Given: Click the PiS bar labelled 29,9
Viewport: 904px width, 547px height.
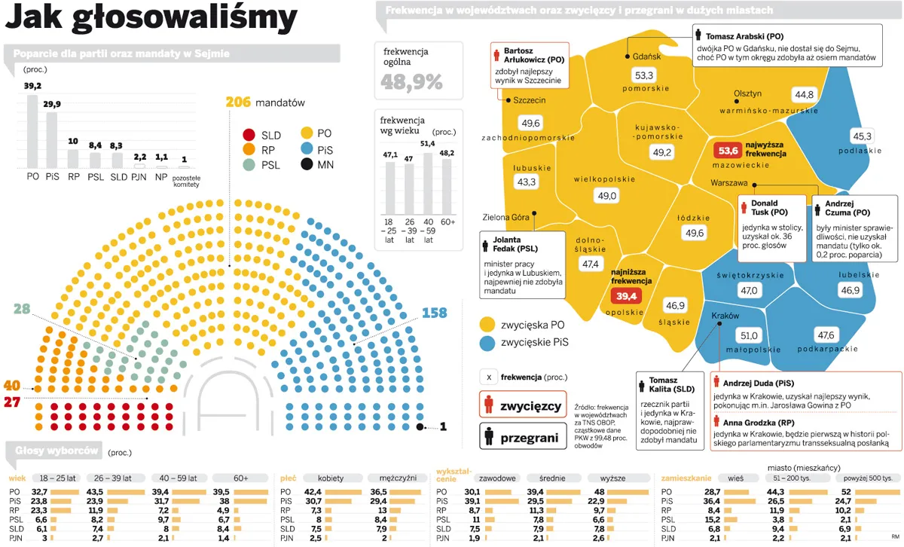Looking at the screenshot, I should pos(52,139).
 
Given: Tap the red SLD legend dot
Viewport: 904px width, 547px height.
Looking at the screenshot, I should pos(248,135).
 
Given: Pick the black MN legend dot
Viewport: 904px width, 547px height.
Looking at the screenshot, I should pos(307,164).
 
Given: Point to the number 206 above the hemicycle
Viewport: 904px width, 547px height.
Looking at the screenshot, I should pos(238,102).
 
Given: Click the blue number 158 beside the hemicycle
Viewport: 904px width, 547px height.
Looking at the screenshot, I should pos(435,313).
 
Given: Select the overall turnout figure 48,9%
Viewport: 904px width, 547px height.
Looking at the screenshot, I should pos(412,82).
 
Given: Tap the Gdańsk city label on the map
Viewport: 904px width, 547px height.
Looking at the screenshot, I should pos(646,57).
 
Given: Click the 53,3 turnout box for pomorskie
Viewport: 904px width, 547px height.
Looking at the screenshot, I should pos(644,75).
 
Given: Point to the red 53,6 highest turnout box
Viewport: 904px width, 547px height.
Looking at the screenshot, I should pos(728,150).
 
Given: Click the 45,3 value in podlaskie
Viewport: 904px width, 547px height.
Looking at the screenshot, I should pos(862,136).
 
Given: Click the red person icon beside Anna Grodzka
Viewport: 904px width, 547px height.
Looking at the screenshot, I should pos(717,423).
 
